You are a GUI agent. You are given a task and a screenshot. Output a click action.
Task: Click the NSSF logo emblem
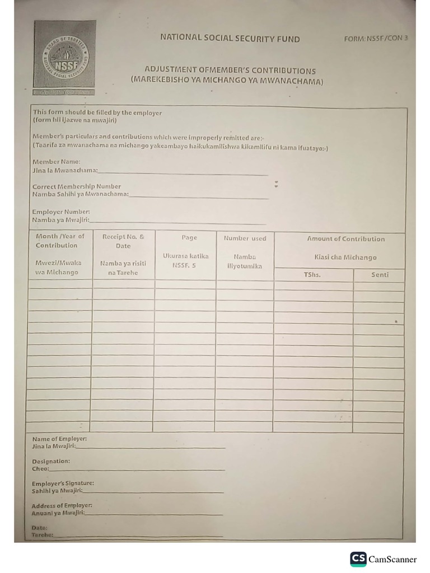click(64, 58)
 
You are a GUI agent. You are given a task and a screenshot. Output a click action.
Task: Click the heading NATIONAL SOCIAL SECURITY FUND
click(230, 39)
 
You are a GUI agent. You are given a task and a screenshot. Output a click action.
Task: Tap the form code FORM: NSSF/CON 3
click(375, 39)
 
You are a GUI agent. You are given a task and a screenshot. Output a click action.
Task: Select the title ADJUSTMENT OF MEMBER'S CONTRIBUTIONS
click(230, 71)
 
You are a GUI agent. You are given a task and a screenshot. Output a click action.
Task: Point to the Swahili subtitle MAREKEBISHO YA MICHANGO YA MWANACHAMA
click(227, 81)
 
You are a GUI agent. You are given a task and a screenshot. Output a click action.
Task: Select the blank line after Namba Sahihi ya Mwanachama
click(199, 196)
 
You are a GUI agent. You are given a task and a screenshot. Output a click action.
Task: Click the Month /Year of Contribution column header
click(60, 241)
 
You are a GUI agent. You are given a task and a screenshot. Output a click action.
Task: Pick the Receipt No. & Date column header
click(123, 241)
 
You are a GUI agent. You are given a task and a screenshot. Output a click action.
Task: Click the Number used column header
click(245, 238)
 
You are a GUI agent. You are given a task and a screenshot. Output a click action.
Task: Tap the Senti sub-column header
click(380, 275)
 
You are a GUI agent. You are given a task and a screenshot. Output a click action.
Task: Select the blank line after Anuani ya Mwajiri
click(154, 514)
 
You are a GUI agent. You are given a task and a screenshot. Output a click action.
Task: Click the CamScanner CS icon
click(358, 559)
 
